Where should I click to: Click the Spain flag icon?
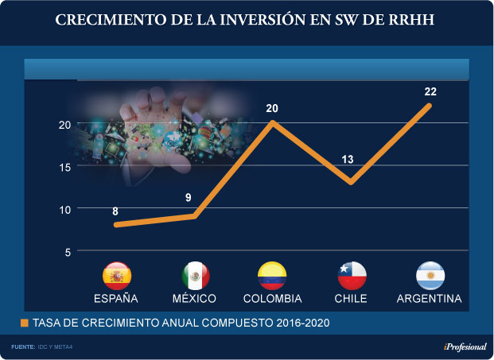(117, 275)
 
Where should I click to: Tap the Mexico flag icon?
(195, 275)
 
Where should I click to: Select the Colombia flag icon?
(272, 275)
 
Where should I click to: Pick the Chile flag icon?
(351, 275)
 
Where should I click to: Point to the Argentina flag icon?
(430, 275)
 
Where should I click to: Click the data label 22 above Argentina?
(430, 91)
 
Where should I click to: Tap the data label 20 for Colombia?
(272, 108)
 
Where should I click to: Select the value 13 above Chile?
(348, 160)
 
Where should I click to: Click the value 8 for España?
(115, 211)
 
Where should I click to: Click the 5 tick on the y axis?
(68, 252)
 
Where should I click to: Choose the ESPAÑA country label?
(116, 299)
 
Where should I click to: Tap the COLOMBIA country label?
(272, 299)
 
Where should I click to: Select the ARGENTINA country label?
(430, 299)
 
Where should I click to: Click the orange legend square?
(25, 323)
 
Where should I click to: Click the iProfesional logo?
(465, 347)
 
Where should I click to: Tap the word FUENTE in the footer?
(22, 347)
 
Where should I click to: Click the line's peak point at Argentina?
(430, 106)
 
